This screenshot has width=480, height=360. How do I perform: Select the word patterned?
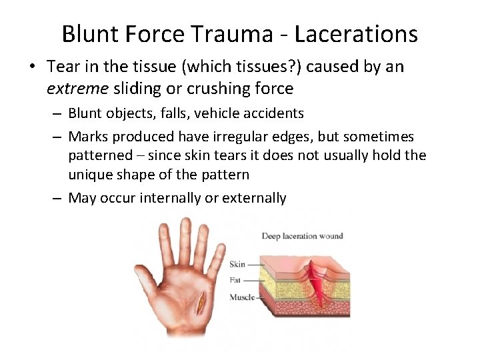[101, 155]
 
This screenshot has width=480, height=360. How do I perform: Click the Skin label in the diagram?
[237, 264]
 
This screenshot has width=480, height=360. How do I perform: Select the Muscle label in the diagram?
[242, 297]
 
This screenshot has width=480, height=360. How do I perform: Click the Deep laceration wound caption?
[302, 235]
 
